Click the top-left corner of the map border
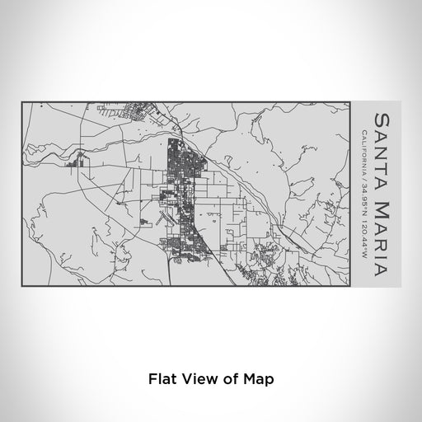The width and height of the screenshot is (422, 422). (x=21, y=101)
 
